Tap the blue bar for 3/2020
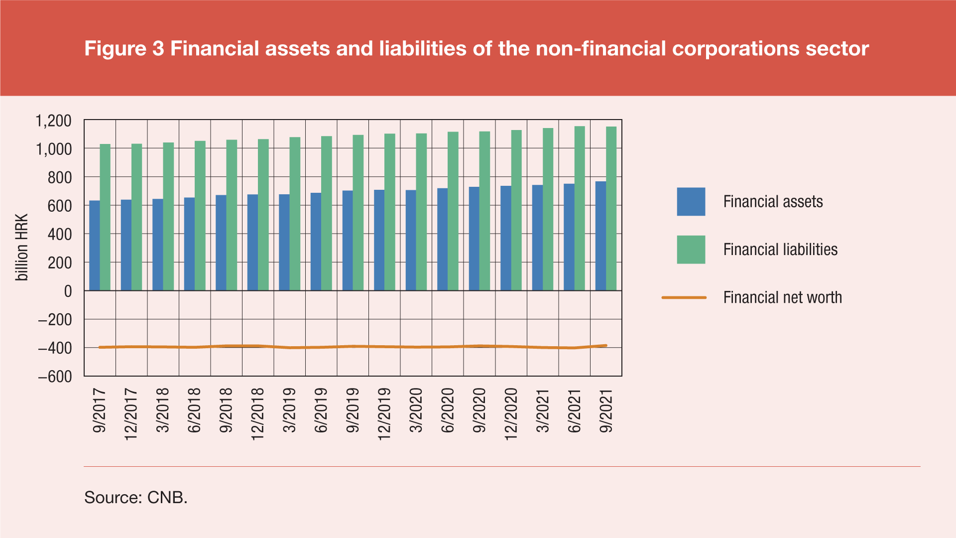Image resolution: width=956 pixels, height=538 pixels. [411, 240]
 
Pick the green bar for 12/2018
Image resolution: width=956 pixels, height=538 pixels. [263, 215]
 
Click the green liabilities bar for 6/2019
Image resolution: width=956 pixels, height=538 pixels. [327, 213]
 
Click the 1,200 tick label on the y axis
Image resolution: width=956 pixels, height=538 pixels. [53, 121]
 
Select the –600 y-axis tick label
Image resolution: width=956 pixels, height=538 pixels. [55, 377]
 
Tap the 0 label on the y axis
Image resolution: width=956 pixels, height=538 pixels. [68, 291]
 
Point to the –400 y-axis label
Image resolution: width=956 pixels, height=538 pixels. [55, 348]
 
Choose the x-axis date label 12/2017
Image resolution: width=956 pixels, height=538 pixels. [131, 414]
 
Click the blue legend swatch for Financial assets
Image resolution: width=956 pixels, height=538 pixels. [691, 202]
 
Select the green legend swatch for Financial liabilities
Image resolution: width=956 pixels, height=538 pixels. [691, 250]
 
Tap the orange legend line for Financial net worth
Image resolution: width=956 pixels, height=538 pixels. [684, 297]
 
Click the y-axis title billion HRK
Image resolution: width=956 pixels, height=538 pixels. [22, 248]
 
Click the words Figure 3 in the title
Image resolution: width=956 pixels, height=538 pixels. [124, 49]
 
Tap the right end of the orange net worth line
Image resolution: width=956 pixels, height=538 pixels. [605, 345]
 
